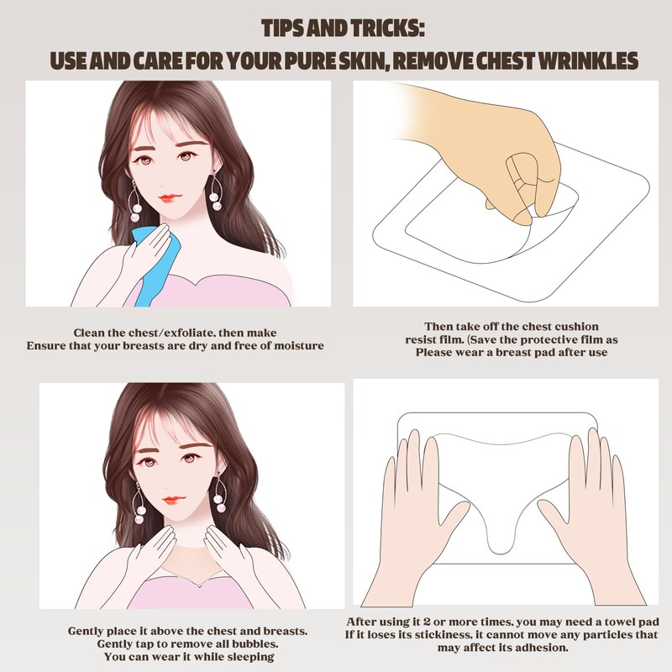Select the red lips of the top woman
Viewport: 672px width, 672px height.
(x=171, y=198)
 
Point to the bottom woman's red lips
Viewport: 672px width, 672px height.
(x=175, y=500)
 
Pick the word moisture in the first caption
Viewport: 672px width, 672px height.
(x=299, y=346)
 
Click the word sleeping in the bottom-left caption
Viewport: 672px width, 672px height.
(x=251, y=657)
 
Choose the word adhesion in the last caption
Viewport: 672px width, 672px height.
(x=544, y=648)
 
